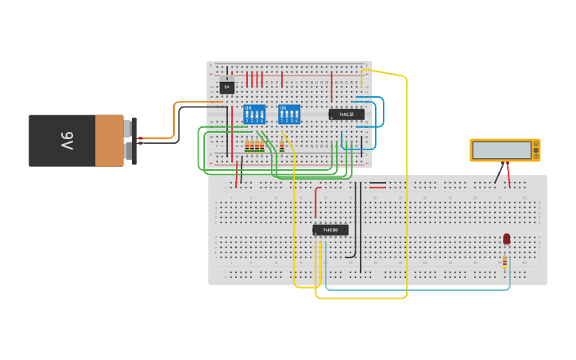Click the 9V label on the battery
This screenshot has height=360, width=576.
pos(67,141)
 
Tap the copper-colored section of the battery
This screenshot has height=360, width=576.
pos(110,141)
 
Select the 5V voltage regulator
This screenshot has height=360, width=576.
pos(227,87)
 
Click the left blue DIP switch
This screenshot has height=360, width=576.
pos(254,114)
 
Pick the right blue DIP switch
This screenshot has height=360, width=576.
pos(289,114)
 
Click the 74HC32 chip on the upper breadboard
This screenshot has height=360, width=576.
pos(346,114)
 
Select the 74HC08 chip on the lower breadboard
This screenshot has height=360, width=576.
pos(331,230)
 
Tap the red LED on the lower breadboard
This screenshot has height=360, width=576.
pos(507,238)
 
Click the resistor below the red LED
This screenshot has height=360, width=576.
pos(504,261)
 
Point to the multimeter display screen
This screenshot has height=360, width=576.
pos(501,149)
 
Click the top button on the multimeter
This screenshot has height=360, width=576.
pos(535,144)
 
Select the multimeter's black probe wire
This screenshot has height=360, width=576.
pos(499,173)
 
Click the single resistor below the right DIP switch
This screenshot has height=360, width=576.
pos(282,146)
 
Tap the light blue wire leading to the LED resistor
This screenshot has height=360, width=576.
pos(413,289)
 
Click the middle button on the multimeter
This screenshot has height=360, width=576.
pos(535,150)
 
